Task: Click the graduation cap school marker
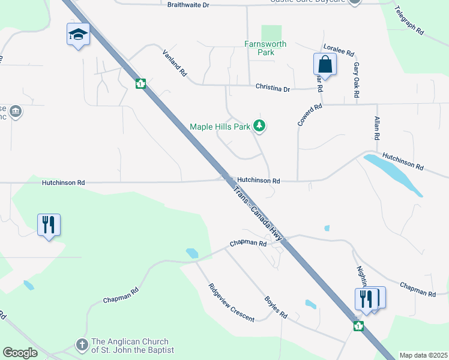[78, 35]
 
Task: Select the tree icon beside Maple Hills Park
[259, 126]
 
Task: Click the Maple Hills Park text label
[220, 127]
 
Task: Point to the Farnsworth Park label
[265, 48]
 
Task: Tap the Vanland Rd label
[175, 62]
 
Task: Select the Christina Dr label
[273, 88]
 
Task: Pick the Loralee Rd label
[339, 49]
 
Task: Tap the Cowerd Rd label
[310, 115]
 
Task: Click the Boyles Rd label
[276, 307]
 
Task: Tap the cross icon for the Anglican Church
[83, 345]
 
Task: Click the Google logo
[20, 353]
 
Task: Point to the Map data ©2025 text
[423, 355]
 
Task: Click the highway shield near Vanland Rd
[140, 84]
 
